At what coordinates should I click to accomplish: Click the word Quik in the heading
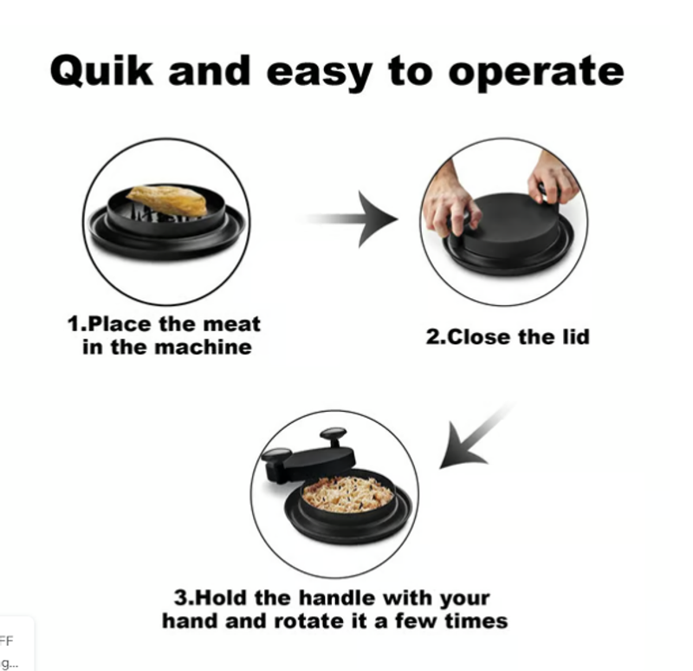(x=101, y=71)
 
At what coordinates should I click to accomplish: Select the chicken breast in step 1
(x=167, y=201)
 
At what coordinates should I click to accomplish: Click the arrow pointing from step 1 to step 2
(x=349, y=219)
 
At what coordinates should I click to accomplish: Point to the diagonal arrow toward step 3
(x=476, y=437)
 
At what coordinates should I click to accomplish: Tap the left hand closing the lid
(x=449, y=201)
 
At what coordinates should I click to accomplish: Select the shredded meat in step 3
(x=348, y=494)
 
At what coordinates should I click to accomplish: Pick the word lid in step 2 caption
(x=576, y=337)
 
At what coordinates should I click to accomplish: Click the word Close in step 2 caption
(x=480, y=337)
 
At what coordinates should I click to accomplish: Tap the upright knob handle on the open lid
(x=334, y=437)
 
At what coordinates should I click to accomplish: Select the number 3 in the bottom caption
(x=180, y=598)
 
